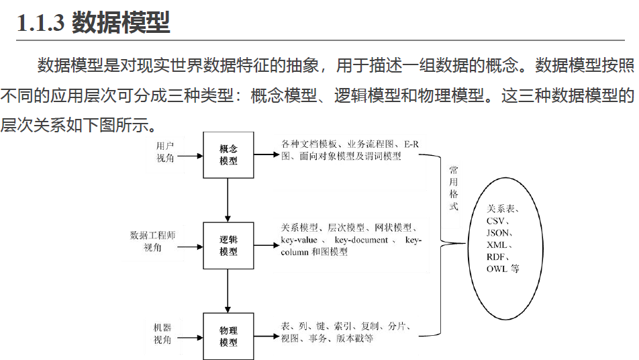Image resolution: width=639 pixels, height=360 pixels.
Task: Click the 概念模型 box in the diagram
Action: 228,155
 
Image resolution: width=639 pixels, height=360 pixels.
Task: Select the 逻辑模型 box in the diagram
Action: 228,246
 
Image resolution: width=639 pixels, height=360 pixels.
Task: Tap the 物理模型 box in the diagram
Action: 228,336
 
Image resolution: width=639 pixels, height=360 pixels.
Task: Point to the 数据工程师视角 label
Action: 152,241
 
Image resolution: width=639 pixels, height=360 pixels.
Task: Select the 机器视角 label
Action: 162,333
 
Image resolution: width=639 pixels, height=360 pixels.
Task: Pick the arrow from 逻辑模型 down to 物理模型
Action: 228,291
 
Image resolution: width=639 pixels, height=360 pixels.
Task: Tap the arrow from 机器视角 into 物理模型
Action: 191,336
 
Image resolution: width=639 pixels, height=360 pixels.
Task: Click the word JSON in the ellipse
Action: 500,232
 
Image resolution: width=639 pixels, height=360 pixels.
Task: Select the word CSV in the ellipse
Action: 498,220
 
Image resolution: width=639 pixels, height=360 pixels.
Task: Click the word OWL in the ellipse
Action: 497,269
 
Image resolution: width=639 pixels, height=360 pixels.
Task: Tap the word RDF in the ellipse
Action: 497,257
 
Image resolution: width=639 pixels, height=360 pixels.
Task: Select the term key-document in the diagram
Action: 361,240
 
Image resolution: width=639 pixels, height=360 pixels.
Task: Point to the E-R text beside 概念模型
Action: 410,144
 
